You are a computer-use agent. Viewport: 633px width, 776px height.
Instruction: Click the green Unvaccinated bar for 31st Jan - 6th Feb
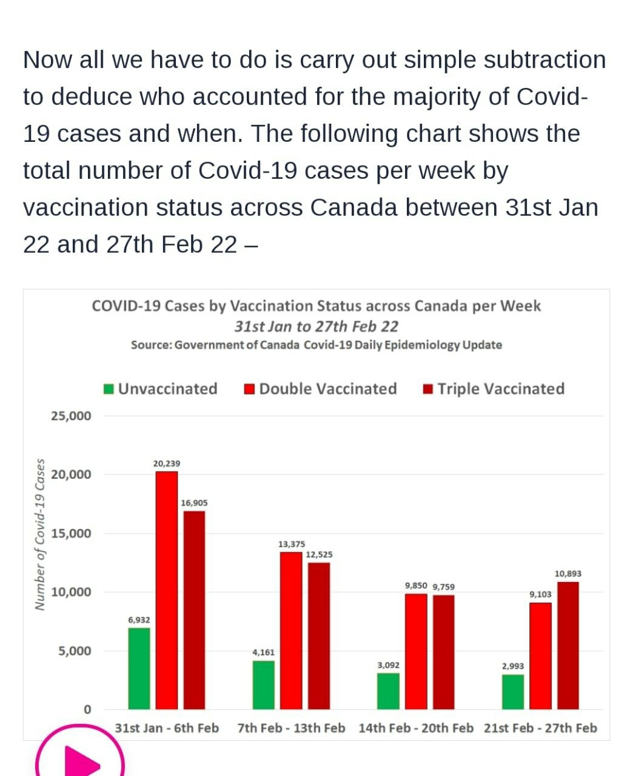(x=139, y=668)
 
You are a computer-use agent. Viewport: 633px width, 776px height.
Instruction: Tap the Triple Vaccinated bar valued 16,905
(x=194, y=610)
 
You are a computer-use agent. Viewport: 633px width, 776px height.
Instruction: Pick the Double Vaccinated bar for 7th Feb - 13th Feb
(x=291, y=630)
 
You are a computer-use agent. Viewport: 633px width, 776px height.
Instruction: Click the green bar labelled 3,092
(x=388, y=691)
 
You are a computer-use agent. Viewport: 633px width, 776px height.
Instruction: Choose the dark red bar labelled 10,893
(x=568, y=645)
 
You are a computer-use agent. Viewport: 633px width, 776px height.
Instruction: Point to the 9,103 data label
(x=540, y=594)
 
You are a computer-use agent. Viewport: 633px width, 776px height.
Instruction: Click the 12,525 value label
(x=319, y=554)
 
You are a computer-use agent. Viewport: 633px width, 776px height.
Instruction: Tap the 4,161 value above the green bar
(x=263, y=652)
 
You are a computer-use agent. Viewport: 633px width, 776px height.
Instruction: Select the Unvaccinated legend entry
(x=161, y=389)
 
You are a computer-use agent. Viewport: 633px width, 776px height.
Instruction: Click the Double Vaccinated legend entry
(x=321, y=389)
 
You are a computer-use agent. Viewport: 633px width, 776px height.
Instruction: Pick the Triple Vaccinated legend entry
(x=494, y=389)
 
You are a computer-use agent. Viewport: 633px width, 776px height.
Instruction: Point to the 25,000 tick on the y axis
(x=72, y=416)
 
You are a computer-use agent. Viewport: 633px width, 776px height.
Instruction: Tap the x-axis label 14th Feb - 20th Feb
(x=416, y=727)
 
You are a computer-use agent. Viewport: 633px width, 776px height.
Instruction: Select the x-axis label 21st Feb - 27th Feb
(x=540, y=727)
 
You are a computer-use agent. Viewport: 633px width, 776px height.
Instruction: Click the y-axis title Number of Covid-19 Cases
(x=40, y=533)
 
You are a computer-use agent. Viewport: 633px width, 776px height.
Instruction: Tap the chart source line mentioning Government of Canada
(x=316, y=345)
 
